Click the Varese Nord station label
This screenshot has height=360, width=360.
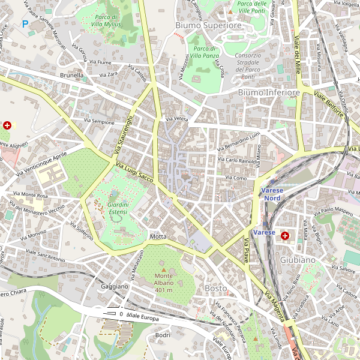272,194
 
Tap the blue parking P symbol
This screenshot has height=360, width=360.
25,24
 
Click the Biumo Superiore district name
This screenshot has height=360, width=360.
208,26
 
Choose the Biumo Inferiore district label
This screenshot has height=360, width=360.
268,93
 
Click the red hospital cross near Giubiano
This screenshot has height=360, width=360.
286,236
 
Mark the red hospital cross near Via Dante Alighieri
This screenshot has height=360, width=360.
7,125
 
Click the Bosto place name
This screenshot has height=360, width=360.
216,289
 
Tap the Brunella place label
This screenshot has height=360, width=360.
71,76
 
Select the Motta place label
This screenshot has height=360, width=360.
158,236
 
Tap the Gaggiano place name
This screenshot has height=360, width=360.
115,286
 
